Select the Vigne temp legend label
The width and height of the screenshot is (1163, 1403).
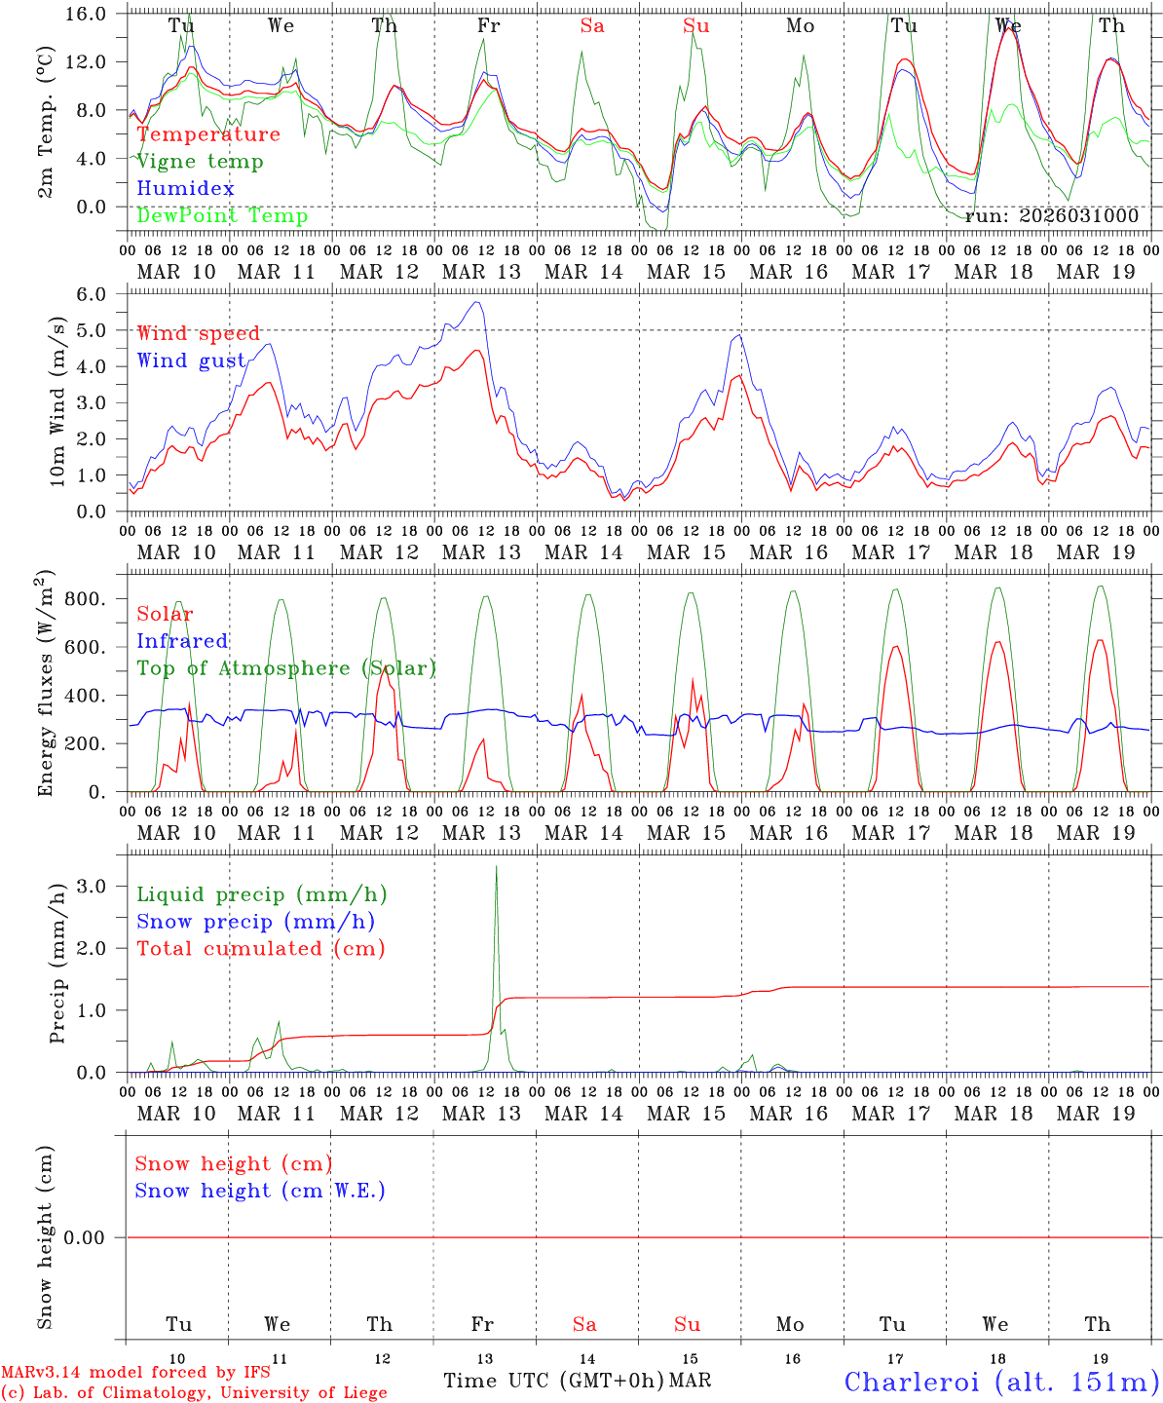pyautogui.click(x=200, y=161)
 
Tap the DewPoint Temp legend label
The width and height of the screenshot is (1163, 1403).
pyautogui.click(x=222, y=215)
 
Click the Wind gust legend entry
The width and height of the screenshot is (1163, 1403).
pyautogui.click(x=191, y=360)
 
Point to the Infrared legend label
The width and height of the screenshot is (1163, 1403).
pyautogui.click(x=182, y=641)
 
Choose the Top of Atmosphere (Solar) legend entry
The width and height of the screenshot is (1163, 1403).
pyautogui.click(x=286, y=668)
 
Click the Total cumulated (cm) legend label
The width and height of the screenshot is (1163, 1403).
pyautogui.click(x=260, y=948)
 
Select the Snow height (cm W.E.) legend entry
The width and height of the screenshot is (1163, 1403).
pyautogui.click(x=260, y=1191)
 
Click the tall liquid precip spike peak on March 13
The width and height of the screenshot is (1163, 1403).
pyautogui.click(x=497, y=866)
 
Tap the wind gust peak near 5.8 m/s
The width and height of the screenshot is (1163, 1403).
pyautogui.click(x=477, y=302)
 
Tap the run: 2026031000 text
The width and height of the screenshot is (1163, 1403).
pyautogui.click(x=1051, y=216)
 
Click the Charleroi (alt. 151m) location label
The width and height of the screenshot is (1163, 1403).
pyautogui.click(x=1002, y=1381)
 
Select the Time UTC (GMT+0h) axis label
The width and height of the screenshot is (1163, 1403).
pyautogui.click(x=553, y=1381)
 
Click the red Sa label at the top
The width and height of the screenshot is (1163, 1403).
pyautogui.click(x=592, y=25)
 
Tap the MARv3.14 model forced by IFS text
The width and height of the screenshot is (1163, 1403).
pyautogui.click(x=135, y=1372)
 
